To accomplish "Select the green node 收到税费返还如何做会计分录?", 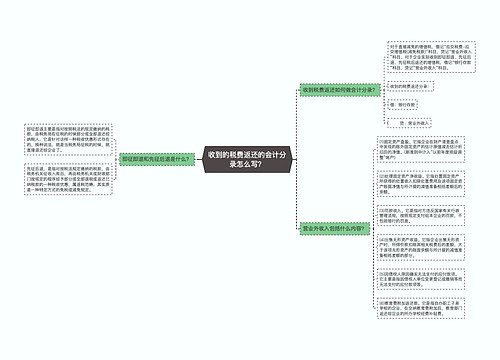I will point(339,89).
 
